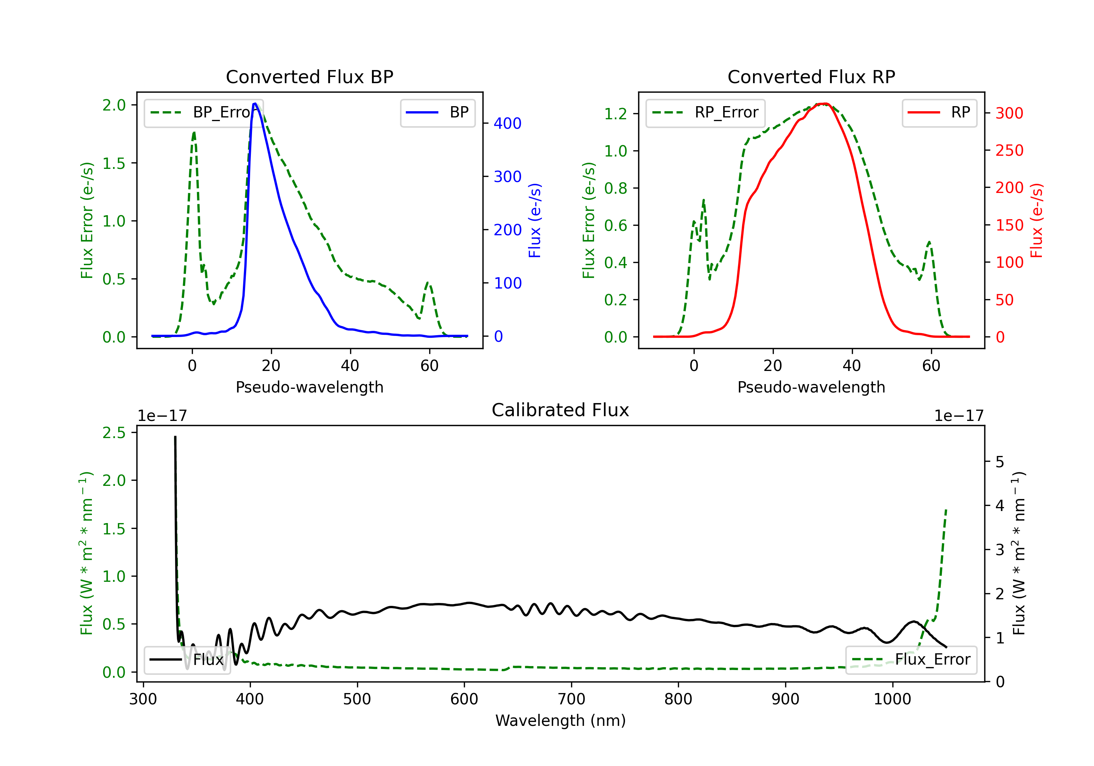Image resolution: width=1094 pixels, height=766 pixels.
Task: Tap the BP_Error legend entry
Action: point(203,112)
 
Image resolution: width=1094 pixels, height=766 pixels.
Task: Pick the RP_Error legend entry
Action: point(705,112)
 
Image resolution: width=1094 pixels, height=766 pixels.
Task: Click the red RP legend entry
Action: point(939,112)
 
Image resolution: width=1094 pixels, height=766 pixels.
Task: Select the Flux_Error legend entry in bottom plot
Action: point(911,660)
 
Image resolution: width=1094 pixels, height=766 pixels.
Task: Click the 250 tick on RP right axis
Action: point(1009,151)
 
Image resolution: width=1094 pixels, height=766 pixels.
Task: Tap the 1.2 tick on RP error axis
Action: point(615,114)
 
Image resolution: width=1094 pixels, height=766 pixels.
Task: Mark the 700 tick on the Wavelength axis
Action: point(571,699)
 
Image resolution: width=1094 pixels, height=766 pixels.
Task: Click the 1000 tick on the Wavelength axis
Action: point(892,699)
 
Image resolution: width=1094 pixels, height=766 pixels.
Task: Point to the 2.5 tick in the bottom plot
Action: point(114,433)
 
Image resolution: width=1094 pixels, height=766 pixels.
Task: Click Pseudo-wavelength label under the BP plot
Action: point(309,387)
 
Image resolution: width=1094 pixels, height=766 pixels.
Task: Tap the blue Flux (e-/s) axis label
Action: point(535,221)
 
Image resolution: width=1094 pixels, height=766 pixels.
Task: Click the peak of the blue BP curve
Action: point(255,104)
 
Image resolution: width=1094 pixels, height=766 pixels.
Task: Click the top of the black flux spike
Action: point(175,437)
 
